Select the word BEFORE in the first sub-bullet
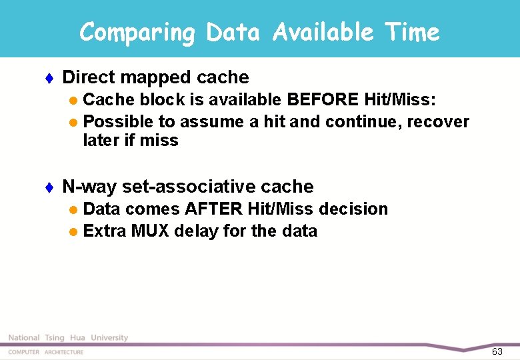click(324, 100)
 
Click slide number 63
click(497, 351)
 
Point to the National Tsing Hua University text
click(68, 338)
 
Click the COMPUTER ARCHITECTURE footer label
click(46, 352)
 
